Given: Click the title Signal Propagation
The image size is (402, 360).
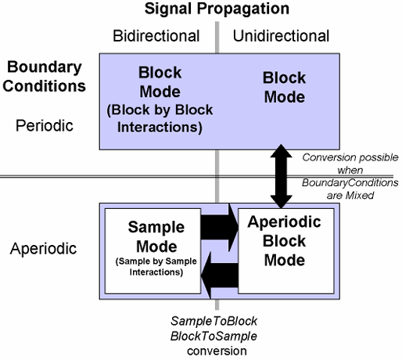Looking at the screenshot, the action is point(217,9).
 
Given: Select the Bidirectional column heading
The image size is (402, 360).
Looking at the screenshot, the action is point(156,36).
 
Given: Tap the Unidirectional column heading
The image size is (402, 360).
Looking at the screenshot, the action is point(281,36).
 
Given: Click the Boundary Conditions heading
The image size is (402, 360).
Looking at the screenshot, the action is point(45,76).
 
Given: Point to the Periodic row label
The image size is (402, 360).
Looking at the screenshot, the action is point(45,126).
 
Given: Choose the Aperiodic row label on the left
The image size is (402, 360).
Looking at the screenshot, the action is point(43,248).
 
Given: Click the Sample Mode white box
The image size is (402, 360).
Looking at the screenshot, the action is point(153,251).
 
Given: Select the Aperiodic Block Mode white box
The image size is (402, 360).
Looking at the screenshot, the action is point(286,251).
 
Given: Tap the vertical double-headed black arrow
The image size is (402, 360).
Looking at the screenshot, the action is point(281,176).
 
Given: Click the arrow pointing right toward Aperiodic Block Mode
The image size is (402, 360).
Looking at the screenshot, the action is point(220,228).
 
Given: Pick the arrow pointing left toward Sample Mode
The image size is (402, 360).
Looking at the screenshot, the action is point(220,275).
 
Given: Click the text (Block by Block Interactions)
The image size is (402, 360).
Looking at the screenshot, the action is point(160,118).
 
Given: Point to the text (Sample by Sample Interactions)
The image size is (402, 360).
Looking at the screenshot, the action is point(156,267).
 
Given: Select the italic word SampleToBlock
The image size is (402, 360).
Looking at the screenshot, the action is point(214,321).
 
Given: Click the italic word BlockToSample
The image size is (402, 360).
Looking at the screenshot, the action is point(214,336).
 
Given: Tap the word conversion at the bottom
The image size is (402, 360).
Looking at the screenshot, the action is point(217,351).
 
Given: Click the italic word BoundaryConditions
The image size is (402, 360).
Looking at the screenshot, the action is point(350,183).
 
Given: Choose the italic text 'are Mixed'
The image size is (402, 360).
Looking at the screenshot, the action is point(350,196).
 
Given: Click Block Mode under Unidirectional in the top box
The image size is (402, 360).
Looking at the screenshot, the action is point(284,88).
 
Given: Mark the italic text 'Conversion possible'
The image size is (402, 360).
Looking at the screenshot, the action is point(350,157).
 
